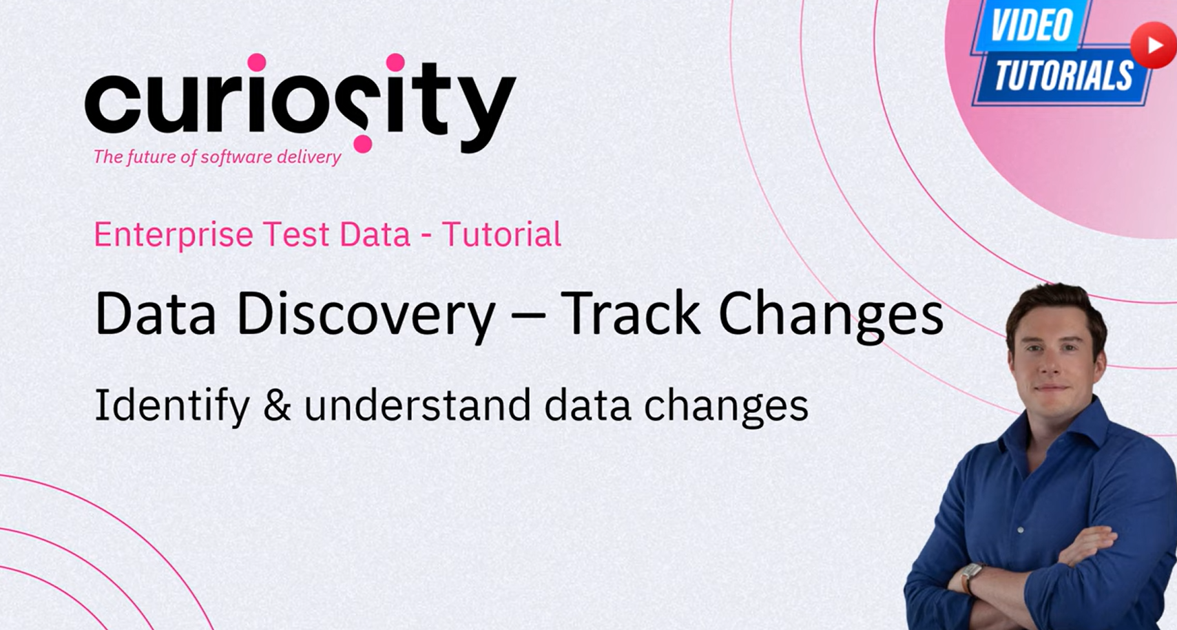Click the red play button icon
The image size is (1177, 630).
[1154, 45]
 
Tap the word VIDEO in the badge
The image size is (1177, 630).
[1032, 25]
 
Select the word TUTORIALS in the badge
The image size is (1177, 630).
[1063, 75]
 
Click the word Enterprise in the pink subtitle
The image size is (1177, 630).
[174, 234]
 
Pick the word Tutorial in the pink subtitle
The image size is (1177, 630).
[501, 234]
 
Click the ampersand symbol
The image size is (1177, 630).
[277, 405]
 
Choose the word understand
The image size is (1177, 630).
[418, 405]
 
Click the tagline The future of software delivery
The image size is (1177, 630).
[218, 156]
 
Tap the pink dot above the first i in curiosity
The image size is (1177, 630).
[256, 63]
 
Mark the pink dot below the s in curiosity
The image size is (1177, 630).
[362, 143]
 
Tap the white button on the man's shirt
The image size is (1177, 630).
[1021, 529]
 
